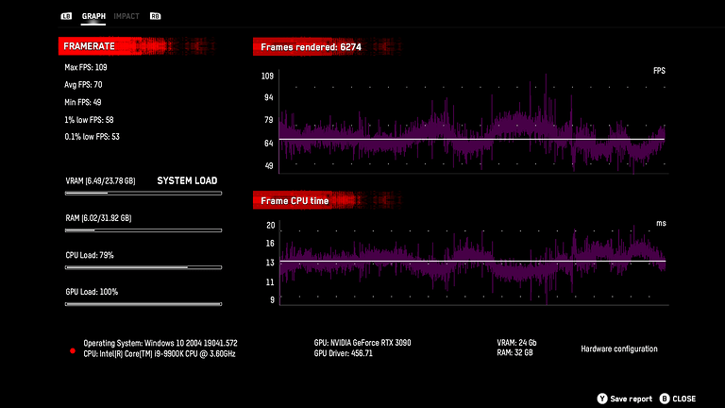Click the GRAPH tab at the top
pos(93,16)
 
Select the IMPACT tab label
pos(126,16)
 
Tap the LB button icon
pos(66,16)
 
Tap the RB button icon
pos(155,16)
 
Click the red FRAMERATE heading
pos(89,45)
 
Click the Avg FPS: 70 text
pos(83,85)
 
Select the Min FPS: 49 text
pos(83,102)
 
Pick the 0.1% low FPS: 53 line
pos(91,137)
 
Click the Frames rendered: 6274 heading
pos(309,45)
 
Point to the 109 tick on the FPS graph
pos(267,75)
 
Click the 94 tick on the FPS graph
pos(268,97)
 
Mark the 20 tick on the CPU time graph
pos(270,226)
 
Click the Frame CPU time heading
pos(295,201)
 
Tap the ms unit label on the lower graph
pos(661,224)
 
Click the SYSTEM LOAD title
pos(187,180)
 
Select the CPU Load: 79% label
pos(89,255)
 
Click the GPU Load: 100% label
pos(91,292)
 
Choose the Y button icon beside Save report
pos(601,399)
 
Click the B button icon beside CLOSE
pos(664,399)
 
